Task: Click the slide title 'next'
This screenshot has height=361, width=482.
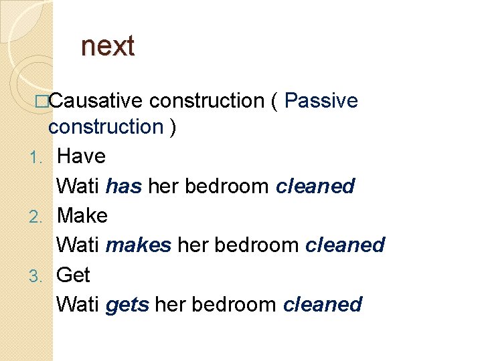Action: click(x=107, y=47)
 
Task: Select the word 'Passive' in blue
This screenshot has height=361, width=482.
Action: click(x=321, y=101)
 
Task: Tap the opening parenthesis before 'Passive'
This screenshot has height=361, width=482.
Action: click(x=274, y=101)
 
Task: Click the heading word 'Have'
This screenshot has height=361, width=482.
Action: click(x=81, y=156)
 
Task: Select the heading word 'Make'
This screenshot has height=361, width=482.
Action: click(x=82, y=215)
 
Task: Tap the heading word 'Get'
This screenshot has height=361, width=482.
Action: click(x=73, y=275)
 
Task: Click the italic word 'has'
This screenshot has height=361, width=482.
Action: click(x=124, y=186)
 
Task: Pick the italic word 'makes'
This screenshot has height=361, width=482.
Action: click(x=139, y=245)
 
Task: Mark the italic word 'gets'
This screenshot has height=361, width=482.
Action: click(x=127, y=305)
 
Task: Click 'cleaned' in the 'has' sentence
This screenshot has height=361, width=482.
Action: click(x=315, y=186)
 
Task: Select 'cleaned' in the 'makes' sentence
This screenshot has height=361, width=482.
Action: click(x=345, y=245)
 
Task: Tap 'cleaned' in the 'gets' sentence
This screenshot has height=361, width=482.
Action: click(x=323, y=305)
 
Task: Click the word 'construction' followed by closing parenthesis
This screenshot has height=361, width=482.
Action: click(x=106, y=126)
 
